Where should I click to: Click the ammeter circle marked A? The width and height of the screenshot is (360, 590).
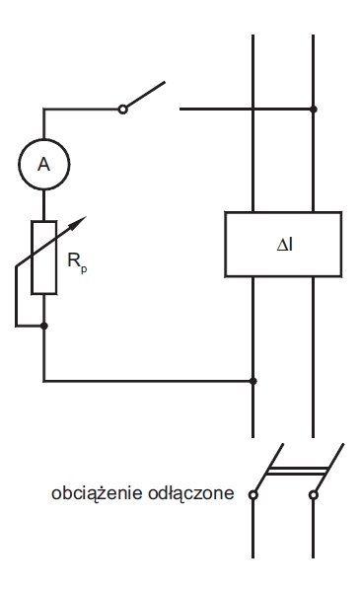point(44,139)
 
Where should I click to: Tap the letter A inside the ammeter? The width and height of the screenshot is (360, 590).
point(43,165)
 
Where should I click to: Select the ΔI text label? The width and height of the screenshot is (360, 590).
point(285,245)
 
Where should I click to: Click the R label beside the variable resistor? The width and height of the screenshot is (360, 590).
point(73,260)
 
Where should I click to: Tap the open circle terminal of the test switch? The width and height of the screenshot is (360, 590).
point(122,110)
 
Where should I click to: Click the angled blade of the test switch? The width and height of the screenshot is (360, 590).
point(146,95)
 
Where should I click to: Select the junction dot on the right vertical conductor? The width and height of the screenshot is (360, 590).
point(313,110)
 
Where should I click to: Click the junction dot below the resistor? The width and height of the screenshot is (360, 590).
point(44,326)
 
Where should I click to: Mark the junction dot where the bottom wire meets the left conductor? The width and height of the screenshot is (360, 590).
point(252,381)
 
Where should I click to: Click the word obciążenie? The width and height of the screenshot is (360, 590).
point(97,493)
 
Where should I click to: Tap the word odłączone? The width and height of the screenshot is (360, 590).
point(191,493)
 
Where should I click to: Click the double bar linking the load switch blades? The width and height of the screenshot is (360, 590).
point(298,471)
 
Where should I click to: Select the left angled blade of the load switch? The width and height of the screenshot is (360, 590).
point(269,468)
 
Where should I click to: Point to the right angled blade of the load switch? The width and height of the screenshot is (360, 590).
point(329,468)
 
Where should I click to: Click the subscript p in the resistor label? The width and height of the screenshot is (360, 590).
point(84,269)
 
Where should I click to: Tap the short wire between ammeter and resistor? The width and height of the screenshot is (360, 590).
point(44,205)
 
